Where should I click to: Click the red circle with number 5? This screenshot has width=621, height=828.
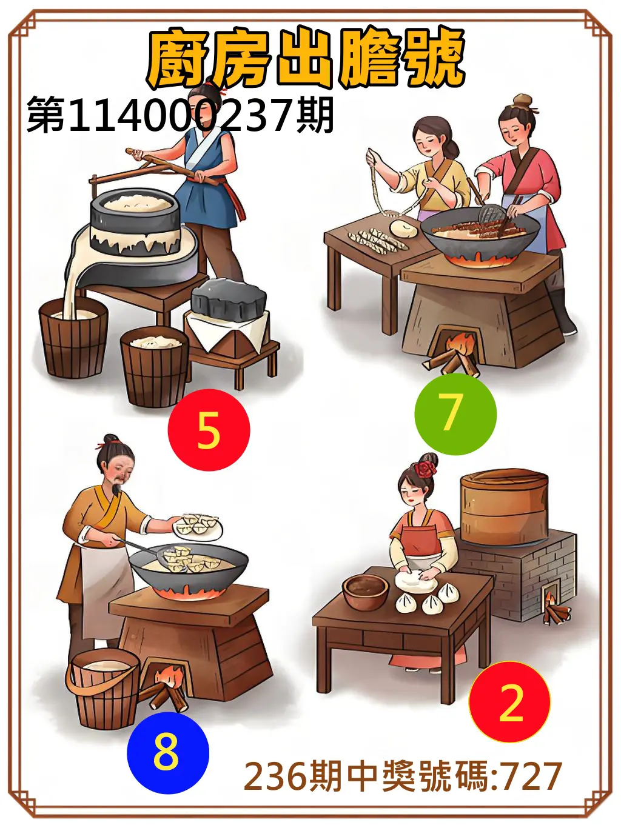(x=209, y=430)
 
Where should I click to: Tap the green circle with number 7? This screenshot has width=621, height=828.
(x=455, y=414)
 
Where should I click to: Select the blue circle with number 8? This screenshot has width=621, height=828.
(x=167, y=753)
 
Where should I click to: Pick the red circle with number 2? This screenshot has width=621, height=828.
(x=509, y=702)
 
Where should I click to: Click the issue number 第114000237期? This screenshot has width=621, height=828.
(x=180, y=115)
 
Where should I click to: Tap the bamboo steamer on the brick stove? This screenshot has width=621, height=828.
(x=504, y=507)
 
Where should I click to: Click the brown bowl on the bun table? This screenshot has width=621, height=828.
(x=365, y=591)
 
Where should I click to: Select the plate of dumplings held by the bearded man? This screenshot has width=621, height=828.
(x=198, y=525)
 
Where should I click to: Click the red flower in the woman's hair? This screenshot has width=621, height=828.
(x=426, y=468)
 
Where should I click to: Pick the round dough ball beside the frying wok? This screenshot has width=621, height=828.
(x=403, y=229)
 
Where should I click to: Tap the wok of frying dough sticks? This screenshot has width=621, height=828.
(x=480, y=232)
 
